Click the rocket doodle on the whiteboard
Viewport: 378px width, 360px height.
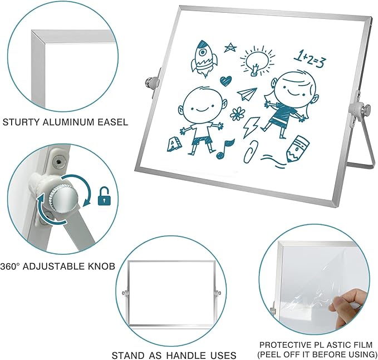coord(204,58)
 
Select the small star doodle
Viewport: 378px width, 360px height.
coord(230,47)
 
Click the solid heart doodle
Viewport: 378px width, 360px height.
coord(225,81)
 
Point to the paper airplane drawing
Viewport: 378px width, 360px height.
coord(247,93)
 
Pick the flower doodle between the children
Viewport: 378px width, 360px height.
coord(237,114)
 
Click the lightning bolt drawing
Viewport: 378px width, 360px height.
coord(251,127)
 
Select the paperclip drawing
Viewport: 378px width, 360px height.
coord(251,151)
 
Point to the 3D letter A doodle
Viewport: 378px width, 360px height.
coord(173,144)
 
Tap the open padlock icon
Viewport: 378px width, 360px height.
coord(104,196)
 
